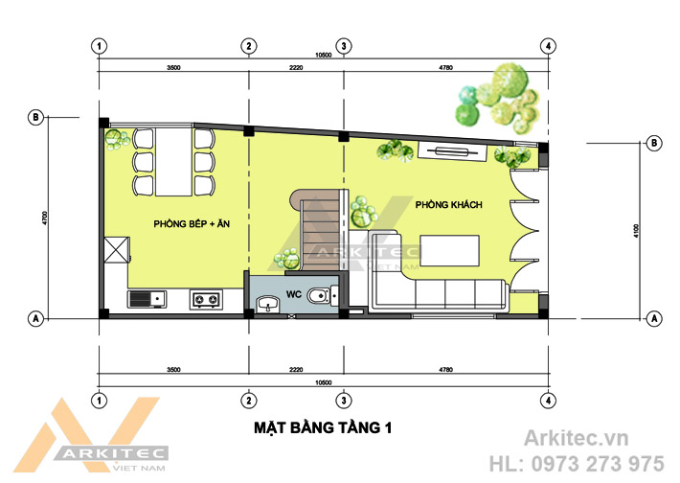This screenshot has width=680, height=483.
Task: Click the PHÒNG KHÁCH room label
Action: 449,204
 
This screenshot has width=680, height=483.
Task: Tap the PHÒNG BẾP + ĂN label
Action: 192,224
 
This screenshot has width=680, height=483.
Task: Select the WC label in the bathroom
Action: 294,294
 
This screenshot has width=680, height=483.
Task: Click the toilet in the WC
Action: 322,296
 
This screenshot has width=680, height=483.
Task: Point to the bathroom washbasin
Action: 268,304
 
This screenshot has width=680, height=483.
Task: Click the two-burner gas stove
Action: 206,299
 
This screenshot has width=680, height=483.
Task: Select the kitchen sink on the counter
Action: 147,299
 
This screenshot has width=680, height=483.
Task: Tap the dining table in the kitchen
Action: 173,161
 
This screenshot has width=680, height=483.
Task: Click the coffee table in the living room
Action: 450,250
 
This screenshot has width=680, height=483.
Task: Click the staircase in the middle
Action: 320,230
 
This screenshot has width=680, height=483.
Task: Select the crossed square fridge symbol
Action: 117,249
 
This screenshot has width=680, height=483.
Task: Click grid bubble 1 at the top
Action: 100,46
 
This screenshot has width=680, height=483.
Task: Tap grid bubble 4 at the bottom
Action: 548,401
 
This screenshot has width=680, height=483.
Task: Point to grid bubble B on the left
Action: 35,117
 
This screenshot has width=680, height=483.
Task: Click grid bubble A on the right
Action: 654,319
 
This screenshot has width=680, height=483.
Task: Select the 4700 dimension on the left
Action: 45,218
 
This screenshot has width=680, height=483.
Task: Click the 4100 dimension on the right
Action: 636,231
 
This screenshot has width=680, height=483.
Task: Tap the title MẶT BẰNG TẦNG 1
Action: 323,427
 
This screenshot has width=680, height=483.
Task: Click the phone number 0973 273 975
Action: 598,464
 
